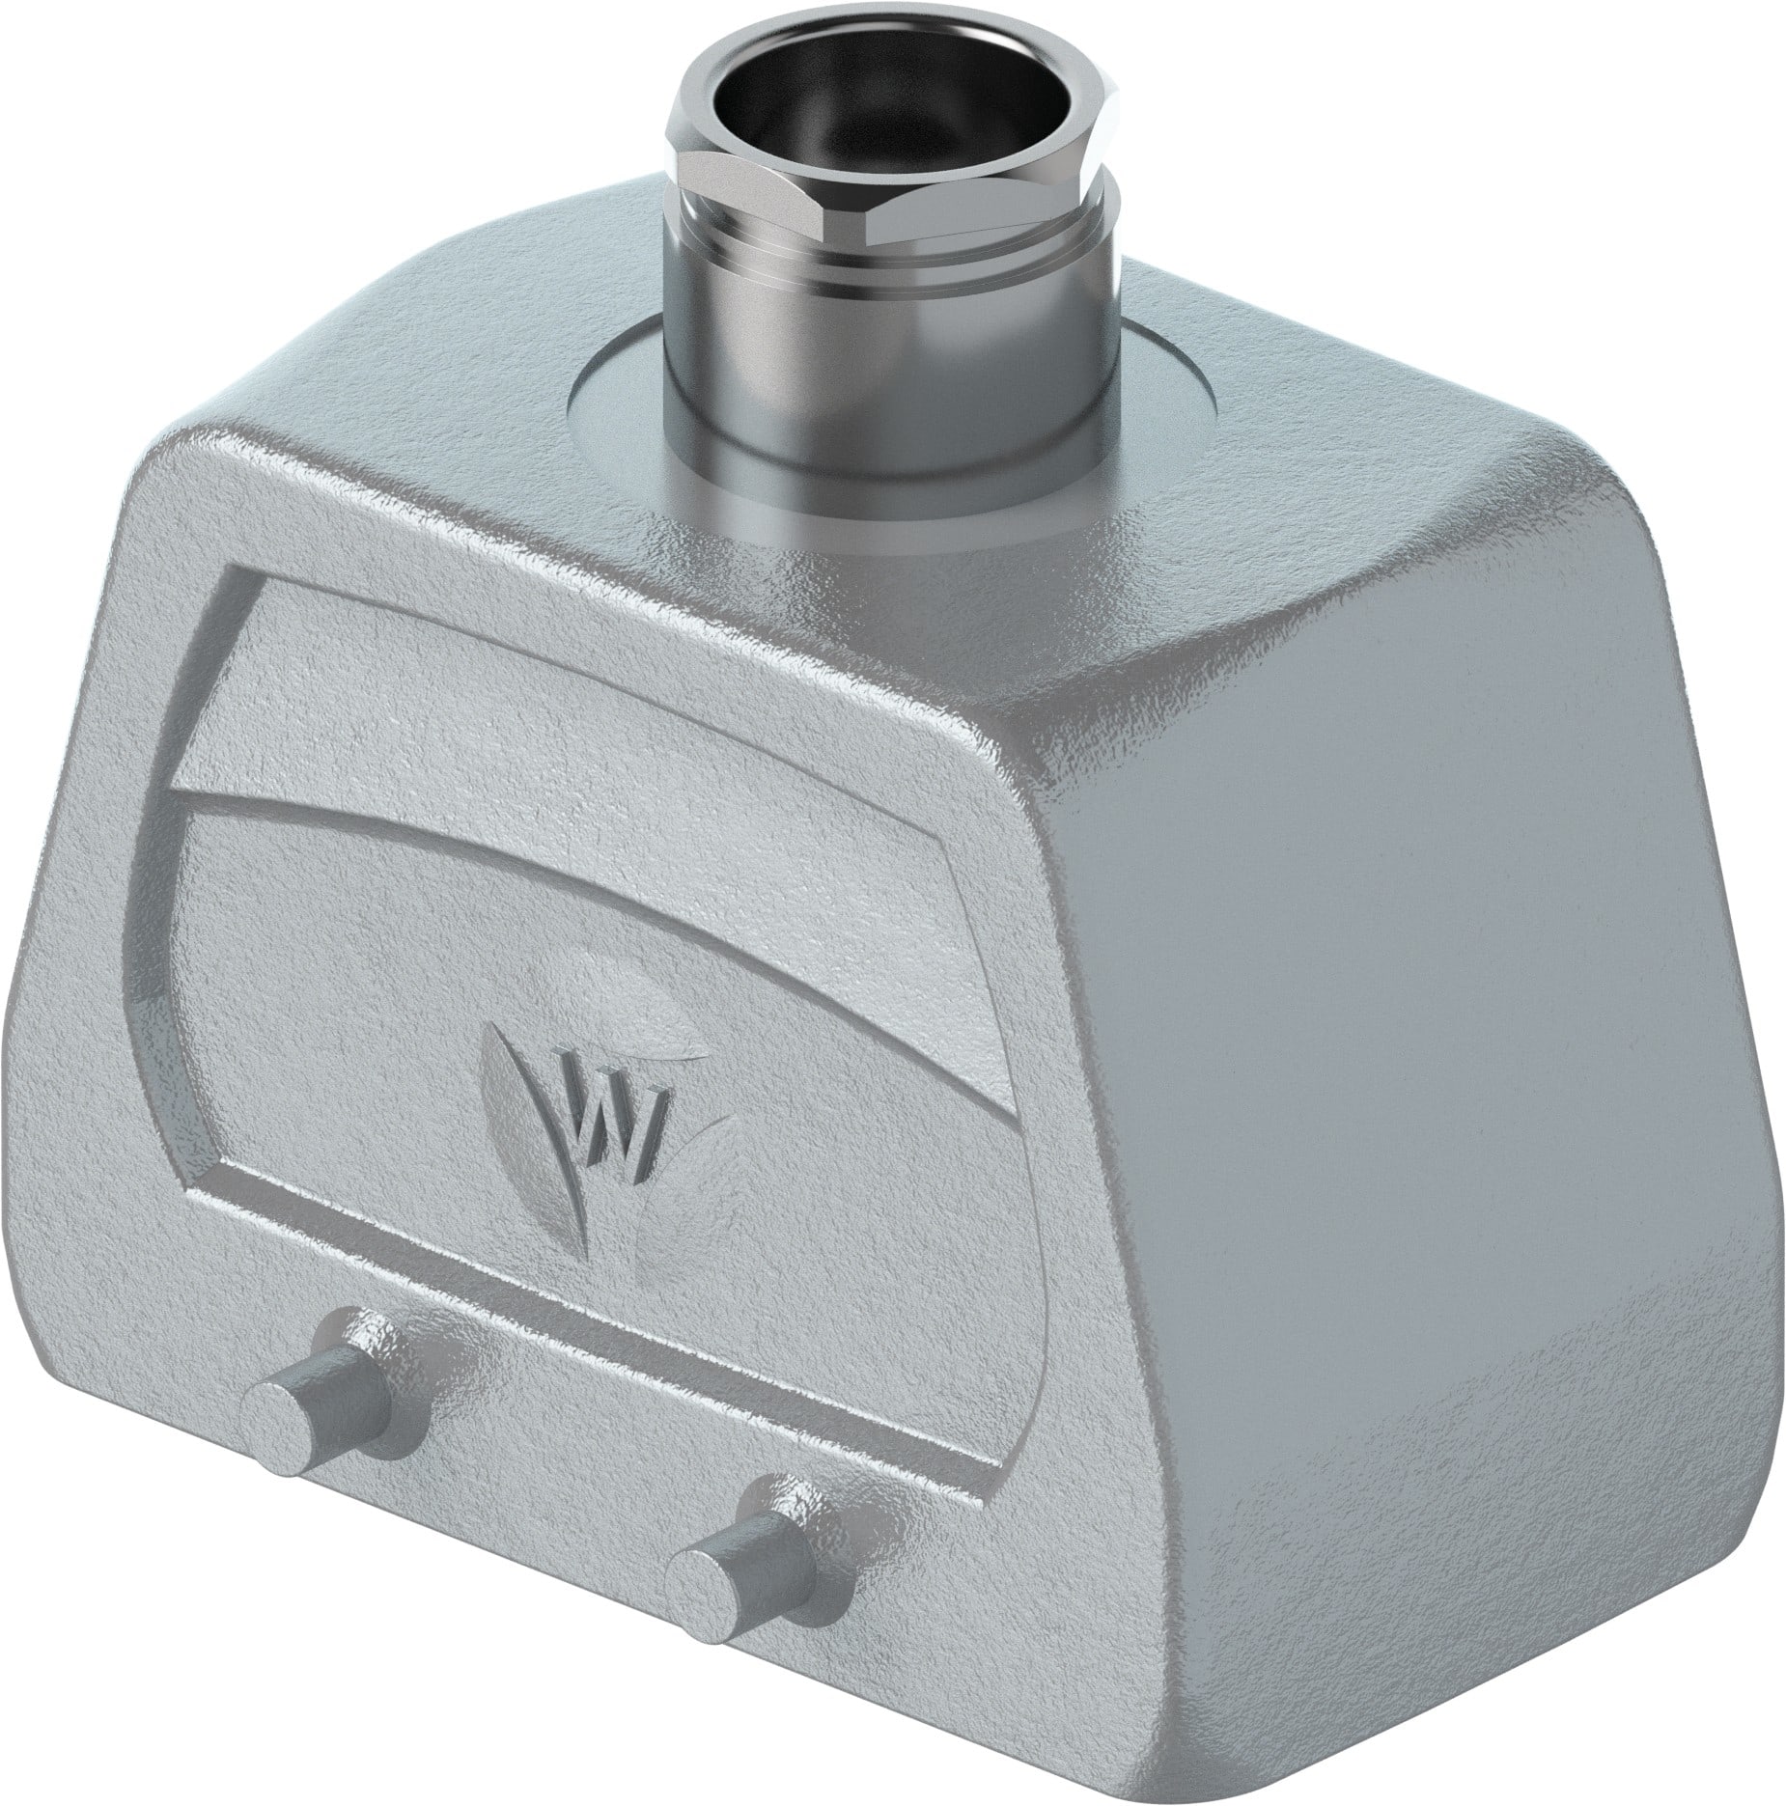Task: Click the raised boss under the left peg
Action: point(386,1351)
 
